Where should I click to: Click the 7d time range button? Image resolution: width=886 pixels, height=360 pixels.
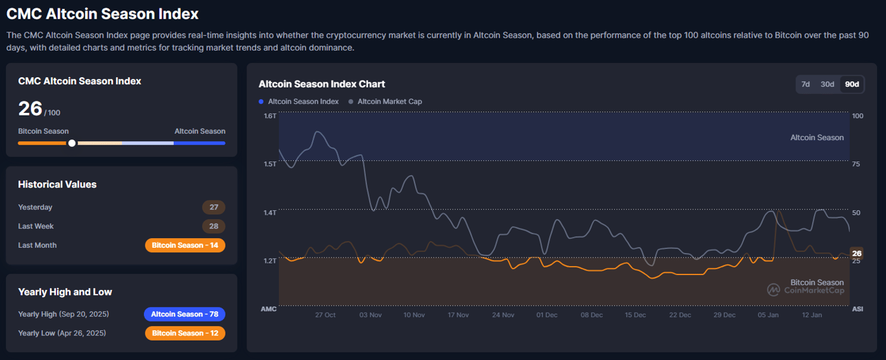pos(806,84)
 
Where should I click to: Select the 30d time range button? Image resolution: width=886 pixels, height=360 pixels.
pos(827,84)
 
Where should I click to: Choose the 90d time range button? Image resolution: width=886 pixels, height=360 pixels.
pos(852,84)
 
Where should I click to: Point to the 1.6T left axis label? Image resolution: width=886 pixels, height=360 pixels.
pos(270,116)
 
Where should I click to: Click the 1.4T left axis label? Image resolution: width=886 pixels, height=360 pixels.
pos(270,213)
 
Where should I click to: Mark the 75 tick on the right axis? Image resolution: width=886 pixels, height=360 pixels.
pos(856,164)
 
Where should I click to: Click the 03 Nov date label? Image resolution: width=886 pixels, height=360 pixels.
pos(370,315)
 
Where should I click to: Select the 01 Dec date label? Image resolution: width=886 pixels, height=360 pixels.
pos(547,315)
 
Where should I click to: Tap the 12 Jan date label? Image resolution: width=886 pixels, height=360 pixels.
pos(812,315)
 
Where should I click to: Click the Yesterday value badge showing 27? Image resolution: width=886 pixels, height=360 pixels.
pos(214,208)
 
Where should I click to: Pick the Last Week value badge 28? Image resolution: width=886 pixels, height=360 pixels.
pos(214,226)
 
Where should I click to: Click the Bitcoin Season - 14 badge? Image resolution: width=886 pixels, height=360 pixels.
pos(185,245)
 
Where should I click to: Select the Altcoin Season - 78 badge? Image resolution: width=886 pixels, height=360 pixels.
pos(185,314)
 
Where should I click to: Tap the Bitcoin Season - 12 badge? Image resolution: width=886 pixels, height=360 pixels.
pos(185,333)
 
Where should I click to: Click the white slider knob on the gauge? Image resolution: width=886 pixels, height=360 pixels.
pos(72,143)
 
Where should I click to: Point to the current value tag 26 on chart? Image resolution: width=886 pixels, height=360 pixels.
pos(857,254)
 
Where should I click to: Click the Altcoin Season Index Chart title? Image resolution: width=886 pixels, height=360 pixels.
pos(322,84)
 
